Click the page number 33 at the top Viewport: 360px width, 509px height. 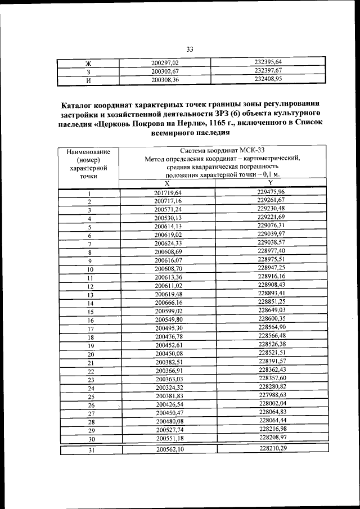tap(190, 49)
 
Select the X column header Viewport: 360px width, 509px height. tap(167, 183)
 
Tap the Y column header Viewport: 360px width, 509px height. tap(270, 183)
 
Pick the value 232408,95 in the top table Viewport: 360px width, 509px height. tap(268, 79)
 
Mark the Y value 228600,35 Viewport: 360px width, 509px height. tap(272, 318)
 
